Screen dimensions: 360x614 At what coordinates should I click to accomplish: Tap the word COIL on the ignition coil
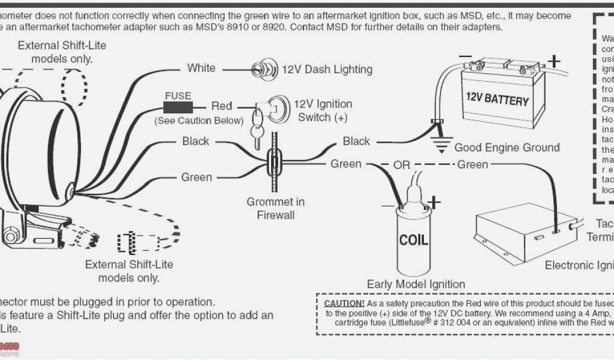click(x=414, y=240)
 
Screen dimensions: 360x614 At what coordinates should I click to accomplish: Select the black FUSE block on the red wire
click(x=178, y=107)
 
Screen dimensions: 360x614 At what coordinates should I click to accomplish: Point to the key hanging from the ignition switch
click(x=257, y=134)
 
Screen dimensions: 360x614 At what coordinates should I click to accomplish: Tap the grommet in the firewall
click(x=274, y=163)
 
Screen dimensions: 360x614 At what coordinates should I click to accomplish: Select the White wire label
click(x=201, y=68)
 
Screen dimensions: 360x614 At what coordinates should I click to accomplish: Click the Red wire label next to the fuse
click(x=221, y=106)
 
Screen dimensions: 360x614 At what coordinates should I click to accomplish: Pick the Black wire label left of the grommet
click(x=195, y=141)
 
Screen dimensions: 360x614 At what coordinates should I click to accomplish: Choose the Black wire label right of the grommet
click(x=356, y=141)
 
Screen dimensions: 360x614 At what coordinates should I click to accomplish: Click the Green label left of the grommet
click(x=197, y=177)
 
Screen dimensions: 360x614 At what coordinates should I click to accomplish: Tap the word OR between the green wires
click(x=401, y=164)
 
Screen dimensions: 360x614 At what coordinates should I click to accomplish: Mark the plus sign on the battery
click(x=555, y=60)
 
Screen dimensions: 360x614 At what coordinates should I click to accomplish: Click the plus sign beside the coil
click(x=434, y=203)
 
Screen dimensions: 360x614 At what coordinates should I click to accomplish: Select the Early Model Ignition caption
click(x=416, y=284)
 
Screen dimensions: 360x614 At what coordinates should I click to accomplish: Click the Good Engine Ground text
click(x=507, y=148)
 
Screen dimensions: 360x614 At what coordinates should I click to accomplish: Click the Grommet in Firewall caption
click(x=276, y=208)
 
